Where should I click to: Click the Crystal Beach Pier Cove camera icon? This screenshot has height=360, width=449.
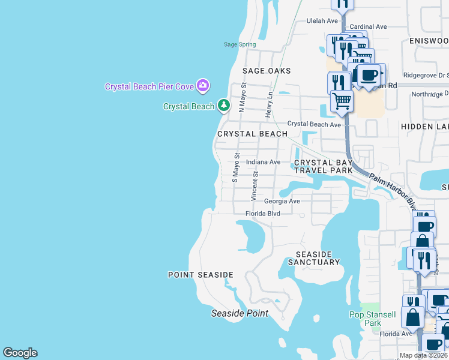pyautogui.click(x=203, y=86)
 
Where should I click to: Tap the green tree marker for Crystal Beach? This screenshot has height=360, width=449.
pyautogui.click(x=224, y=106)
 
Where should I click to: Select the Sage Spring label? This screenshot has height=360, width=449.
pyautogui.click(x=240, y=44)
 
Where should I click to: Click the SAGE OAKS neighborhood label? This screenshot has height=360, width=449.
pyautogui.click(x=267, y=71)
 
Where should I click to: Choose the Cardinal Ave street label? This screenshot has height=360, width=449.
pyautogui.click(x=368, y=27)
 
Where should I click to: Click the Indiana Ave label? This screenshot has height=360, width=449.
pyautogui.click(x=263, y=162)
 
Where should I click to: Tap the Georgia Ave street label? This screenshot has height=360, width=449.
pyautogui.click(x=282, y=202)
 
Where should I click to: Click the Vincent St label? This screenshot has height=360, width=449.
pyautogui.click(x=255, y=186)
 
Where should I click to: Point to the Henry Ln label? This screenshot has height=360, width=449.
pyautogui.click(x=270, y=104)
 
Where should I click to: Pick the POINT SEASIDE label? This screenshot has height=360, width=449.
pyautogui.click(x=200, y=275)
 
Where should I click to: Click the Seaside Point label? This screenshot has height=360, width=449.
pyautogui.click(x=240, y=313)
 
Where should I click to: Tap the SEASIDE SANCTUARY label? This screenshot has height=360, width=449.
pyautogui.click(x=313, y=258)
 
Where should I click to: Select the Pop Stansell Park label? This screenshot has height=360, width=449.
pyautogui.click(x=373, y=319)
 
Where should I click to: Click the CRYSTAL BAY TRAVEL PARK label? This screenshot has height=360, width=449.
pyautogui.click(x=322, y=166)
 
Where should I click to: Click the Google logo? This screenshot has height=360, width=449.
pyautogui.click(x=20, y=353)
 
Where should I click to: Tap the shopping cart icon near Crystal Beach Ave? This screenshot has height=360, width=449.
pyautogui.click(x=342, y=100)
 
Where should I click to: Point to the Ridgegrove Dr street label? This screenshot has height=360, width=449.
pyautogui.click(x=426, y=76)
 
